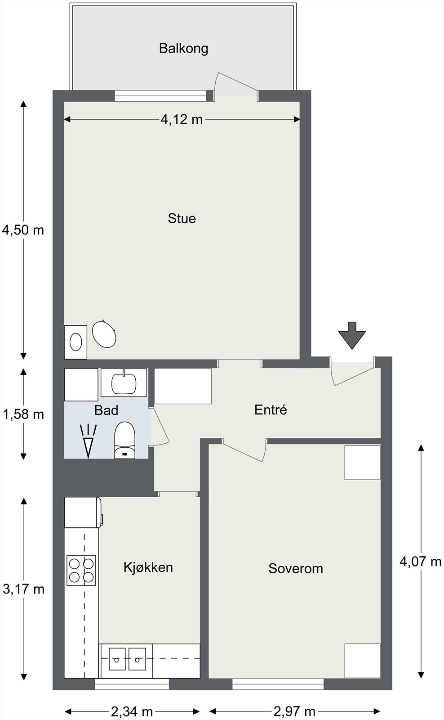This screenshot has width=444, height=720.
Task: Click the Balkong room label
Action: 184,49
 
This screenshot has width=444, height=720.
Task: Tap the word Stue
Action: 182,219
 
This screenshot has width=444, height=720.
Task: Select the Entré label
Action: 271,410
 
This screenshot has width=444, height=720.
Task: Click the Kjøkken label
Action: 148,567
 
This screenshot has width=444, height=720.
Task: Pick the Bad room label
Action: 106,410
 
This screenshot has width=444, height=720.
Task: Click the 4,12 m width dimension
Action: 182,120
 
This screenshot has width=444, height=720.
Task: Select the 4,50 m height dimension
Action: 23,230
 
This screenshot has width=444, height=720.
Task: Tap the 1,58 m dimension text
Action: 23,414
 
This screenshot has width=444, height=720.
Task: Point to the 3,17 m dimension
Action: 23,589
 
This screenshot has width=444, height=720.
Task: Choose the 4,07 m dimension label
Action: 420,562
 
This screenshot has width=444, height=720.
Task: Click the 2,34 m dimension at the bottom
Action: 132,711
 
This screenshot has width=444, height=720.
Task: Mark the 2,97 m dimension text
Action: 294,711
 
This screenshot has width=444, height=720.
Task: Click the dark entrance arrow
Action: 352,335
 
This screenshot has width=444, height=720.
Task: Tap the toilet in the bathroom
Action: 125,440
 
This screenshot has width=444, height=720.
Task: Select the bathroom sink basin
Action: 124,382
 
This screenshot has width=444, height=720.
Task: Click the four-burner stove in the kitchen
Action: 81,571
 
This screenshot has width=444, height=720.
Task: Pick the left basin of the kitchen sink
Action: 117,659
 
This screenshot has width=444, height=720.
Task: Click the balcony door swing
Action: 235,84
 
